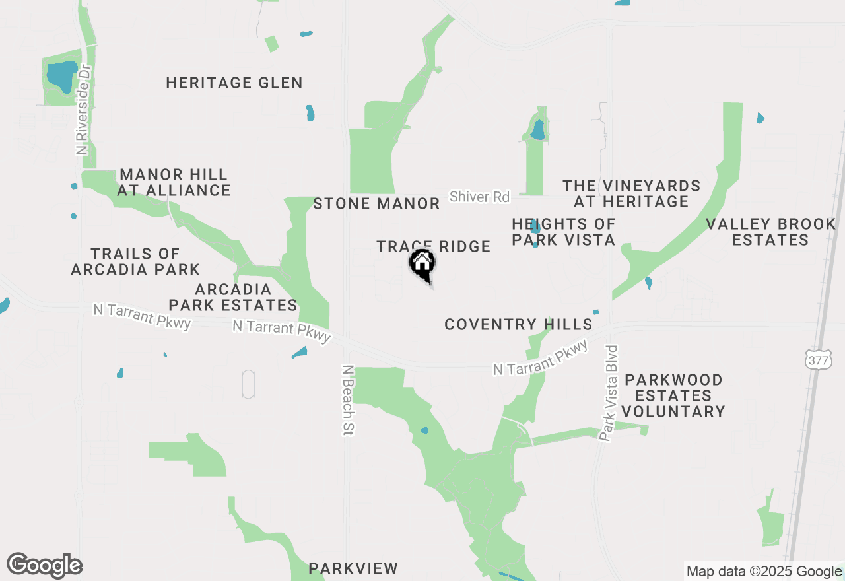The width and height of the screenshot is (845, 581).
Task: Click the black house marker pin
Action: pyautogui.click(x=422, y=264)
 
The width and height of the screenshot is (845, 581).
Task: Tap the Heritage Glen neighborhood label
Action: pyautogui.click(x=234, y=83)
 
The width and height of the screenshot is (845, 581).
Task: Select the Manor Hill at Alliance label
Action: pyautogui.click(x=174, y=183)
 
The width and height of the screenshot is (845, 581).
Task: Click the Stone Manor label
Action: pyautogui.click(x=376, y=203)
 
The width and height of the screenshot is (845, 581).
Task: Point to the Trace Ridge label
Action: pyautogui.click(x=434, y=247)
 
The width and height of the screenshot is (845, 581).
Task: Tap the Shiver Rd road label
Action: pyautogui.click(x=480, y=197)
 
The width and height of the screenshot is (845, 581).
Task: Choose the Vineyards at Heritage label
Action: pyautogui.click(x=632, y=193)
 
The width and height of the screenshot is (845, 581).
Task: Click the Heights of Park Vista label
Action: pyautogui.click(x=564, y=232)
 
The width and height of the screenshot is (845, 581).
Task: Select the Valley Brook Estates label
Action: pyautogui.click(x=770, y=232)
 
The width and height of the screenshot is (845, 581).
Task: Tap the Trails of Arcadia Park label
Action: pyautogui.click(x=135, y=261)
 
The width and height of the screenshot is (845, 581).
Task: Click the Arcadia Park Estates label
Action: pyautogui.click(x=233, y=297)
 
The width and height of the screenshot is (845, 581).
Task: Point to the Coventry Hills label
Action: pyautogui.click(x=518, y=324)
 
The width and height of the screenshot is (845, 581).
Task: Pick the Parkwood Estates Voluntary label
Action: pyautogui.click(x=673, y=395)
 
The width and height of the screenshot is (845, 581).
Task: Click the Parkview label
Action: pyautogui.click(x=353, y=568)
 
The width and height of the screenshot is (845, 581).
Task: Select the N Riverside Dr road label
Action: pyautogui.click(x=83, y=110)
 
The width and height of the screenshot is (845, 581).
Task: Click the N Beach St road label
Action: pyautogui.click(x=349, y=400)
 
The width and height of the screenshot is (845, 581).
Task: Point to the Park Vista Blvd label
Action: pyautogui.click(x=611, y=393)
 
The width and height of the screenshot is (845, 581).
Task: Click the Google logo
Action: pyautogui.click(x=45, y=566)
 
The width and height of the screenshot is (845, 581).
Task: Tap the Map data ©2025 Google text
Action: pyautogui.click(x=764, y=572)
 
